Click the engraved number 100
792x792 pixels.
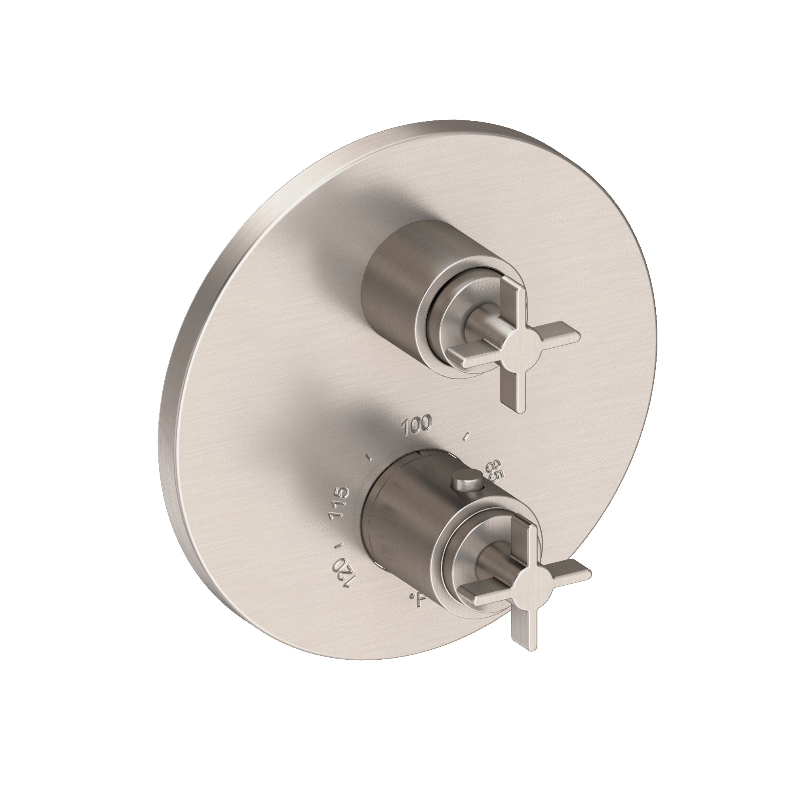[x=417, y=422]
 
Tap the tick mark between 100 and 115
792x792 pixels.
[x=369, y=455]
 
